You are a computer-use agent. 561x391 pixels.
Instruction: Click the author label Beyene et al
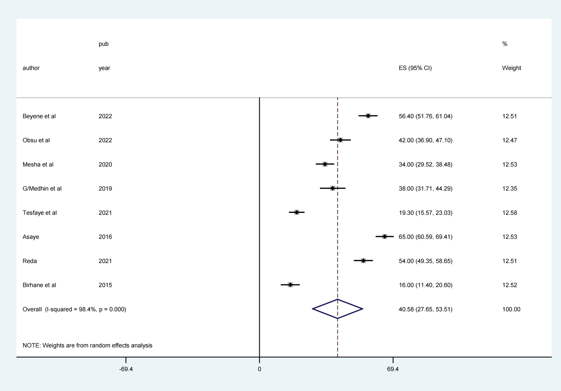(x=39, y=116)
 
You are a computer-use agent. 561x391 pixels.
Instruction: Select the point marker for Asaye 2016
(x=384, y=236)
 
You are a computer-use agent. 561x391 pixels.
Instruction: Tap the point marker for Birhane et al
(x=290, y=285)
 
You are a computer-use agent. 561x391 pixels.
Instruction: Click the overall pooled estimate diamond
(x=337, y=309)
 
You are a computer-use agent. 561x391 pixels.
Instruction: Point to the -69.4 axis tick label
(x=126, y=369)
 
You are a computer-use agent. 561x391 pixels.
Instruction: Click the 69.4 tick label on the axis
(x=393, y=369)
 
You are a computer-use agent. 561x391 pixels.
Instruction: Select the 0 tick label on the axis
(x=259, y=369)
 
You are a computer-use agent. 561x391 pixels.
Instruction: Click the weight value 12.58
(x=509, y=213)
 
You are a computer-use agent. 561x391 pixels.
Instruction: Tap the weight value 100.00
(x=511, y=309)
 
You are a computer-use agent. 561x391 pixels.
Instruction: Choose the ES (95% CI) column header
(x=415, y=68)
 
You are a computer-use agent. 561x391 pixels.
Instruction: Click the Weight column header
(x=511, y=68)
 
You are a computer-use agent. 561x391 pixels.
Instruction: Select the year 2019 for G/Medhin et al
(x=105, y=189)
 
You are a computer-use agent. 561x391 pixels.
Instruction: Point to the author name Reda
(x=30, y=261)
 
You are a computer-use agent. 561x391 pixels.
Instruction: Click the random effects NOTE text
(x=87, y=345)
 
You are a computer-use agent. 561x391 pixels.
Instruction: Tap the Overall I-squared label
(x=74, y=309)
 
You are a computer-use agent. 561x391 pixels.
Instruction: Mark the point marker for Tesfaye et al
(x=297, y=213)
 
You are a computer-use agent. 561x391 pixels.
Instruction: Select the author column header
(x=31, y=68)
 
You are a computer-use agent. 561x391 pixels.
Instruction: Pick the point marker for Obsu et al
(x=340, y=140)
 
